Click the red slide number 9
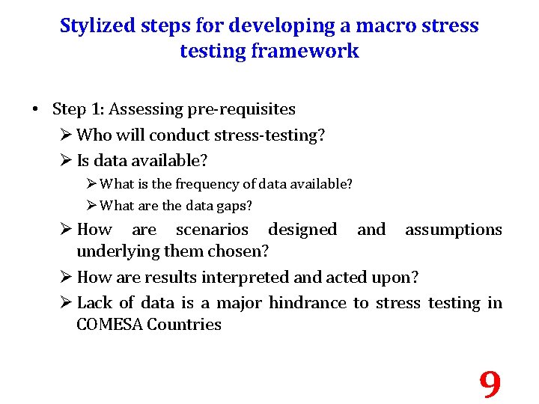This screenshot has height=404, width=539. pos(490,385)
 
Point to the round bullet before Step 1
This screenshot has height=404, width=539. pos(35,110)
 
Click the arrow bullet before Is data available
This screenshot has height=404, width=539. pos(65,161)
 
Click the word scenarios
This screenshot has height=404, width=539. pos(212,230)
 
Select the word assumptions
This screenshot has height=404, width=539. pos(453,230)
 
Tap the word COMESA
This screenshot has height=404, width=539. pos(109,325)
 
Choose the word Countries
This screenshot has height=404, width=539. pos(184,325)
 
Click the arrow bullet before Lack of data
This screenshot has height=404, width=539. pos(65,303)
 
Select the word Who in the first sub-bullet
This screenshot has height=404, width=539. pos(91,135)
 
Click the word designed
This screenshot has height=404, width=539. pos(302,230)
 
